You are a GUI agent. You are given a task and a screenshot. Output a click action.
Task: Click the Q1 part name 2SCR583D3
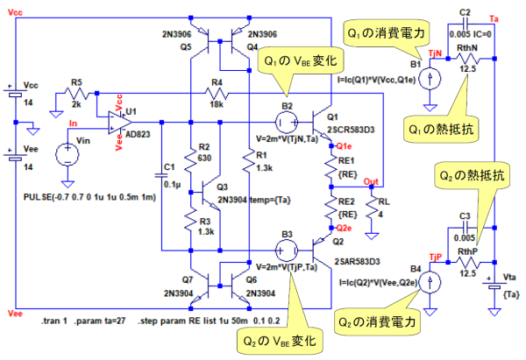(348, 128)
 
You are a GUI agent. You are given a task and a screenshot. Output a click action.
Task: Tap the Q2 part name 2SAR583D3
(356, 260)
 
